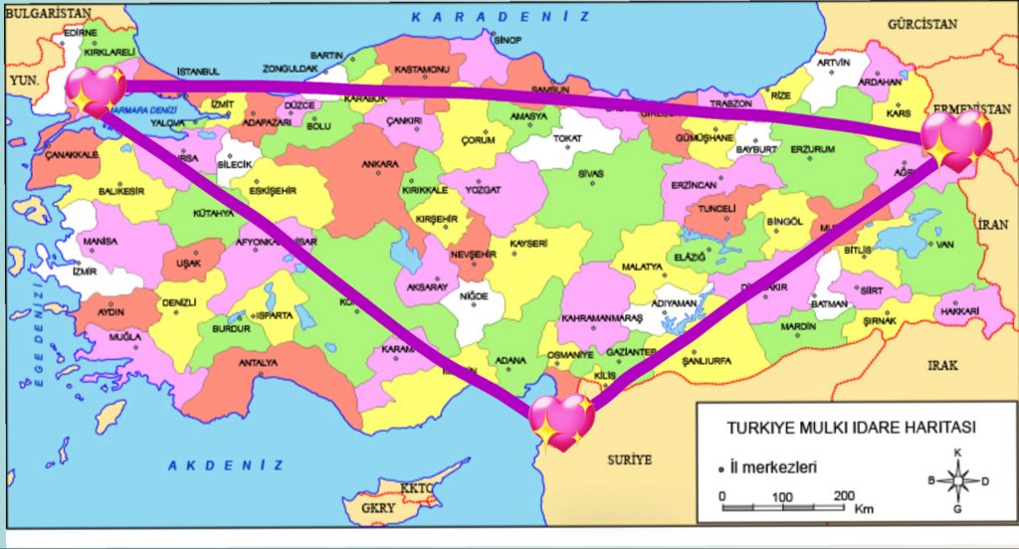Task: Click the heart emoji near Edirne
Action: (96, 91)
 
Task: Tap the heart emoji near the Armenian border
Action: (954, 139)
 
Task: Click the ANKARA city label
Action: (380, 164)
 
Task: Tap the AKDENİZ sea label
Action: (225, 464)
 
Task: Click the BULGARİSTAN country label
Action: (48, 12)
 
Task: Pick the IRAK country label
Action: (942, 365)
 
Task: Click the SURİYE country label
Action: (629, 459)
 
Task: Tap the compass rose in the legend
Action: (956, 480)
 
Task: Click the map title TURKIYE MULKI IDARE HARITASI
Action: (851, 428)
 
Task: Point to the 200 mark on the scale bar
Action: (844, 495)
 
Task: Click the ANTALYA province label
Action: (258, 363)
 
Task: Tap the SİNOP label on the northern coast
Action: (508, 40)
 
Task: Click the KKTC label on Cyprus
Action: (417, 489)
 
